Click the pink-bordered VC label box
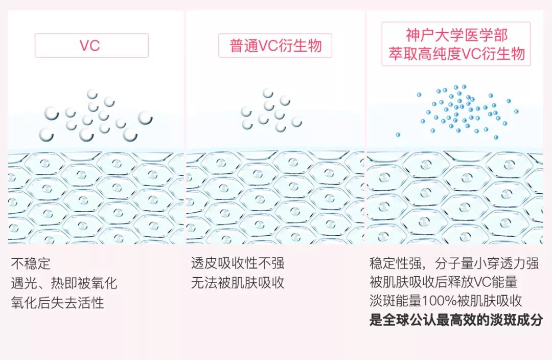91,46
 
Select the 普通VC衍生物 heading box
275,46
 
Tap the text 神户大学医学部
456,35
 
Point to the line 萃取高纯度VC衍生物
456,54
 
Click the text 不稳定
31,264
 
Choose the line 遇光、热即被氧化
64,283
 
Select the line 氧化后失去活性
58,302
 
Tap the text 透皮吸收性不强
238,264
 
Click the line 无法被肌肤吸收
238,283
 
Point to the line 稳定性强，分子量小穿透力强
454,264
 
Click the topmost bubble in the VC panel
92,94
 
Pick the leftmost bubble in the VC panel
46,135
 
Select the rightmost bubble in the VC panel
145,118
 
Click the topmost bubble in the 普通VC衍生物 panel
268,93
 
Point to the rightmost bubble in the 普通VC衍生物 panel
296,122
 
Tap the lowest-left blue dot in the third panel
398,134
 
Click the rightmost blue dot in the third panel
516,111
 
